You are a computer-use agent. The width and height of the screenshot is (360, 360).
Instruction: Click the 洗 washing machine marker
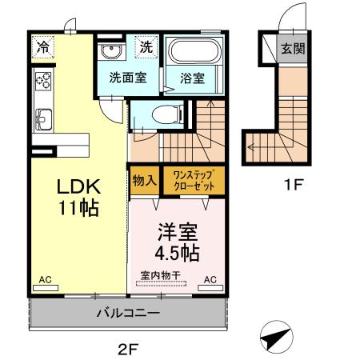pos(146,47)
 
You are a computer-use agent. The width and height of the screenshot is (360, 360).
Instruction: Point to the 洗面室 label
pos(126,78)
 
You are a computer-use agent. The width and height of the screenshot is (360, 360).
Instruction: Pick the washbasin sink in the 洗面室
pos(111,53)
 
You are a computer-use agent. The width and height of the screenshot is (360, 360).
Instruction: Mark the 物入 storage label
pos(143,180)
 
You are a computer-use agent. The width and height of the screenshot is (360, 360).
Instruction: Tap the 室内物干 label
pos(160,276)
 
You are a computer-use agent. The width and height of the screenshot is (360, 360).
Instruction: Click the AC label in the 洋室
pos(210,279)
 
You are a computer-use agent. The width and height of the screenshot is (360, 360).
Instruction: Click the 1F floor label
pos(294,185)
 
